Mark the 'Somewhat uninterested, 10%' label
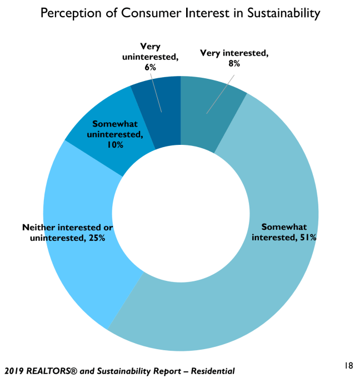coord(116,134)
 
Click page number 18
coord(348,365)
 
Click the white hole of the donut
coord(181,214)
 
